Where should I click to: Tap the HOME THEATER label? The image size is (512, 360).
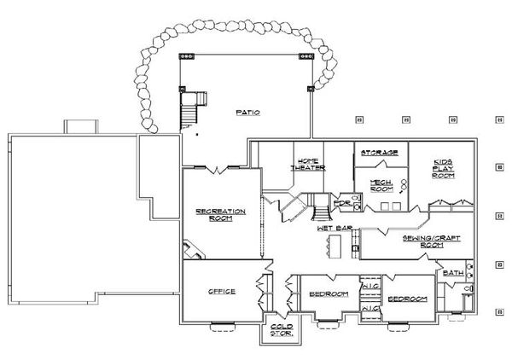coord(307,165)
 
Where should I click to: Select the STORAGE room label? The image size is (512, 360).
coord(379,153)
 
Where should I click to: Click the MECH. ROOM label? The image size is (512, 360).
coord(380,187)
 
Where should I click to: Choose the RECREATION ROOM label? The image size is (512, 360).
coord(220,215)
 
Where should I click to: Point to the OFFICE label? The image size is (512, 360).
coord(222,292)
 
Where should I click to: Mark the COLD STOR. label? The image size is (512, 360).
coord(282,329)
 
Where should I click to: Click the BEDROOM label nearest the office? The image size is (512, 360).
coord(329,294)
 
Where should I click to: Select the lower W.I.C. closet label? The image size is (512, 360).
coord(370,308)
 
